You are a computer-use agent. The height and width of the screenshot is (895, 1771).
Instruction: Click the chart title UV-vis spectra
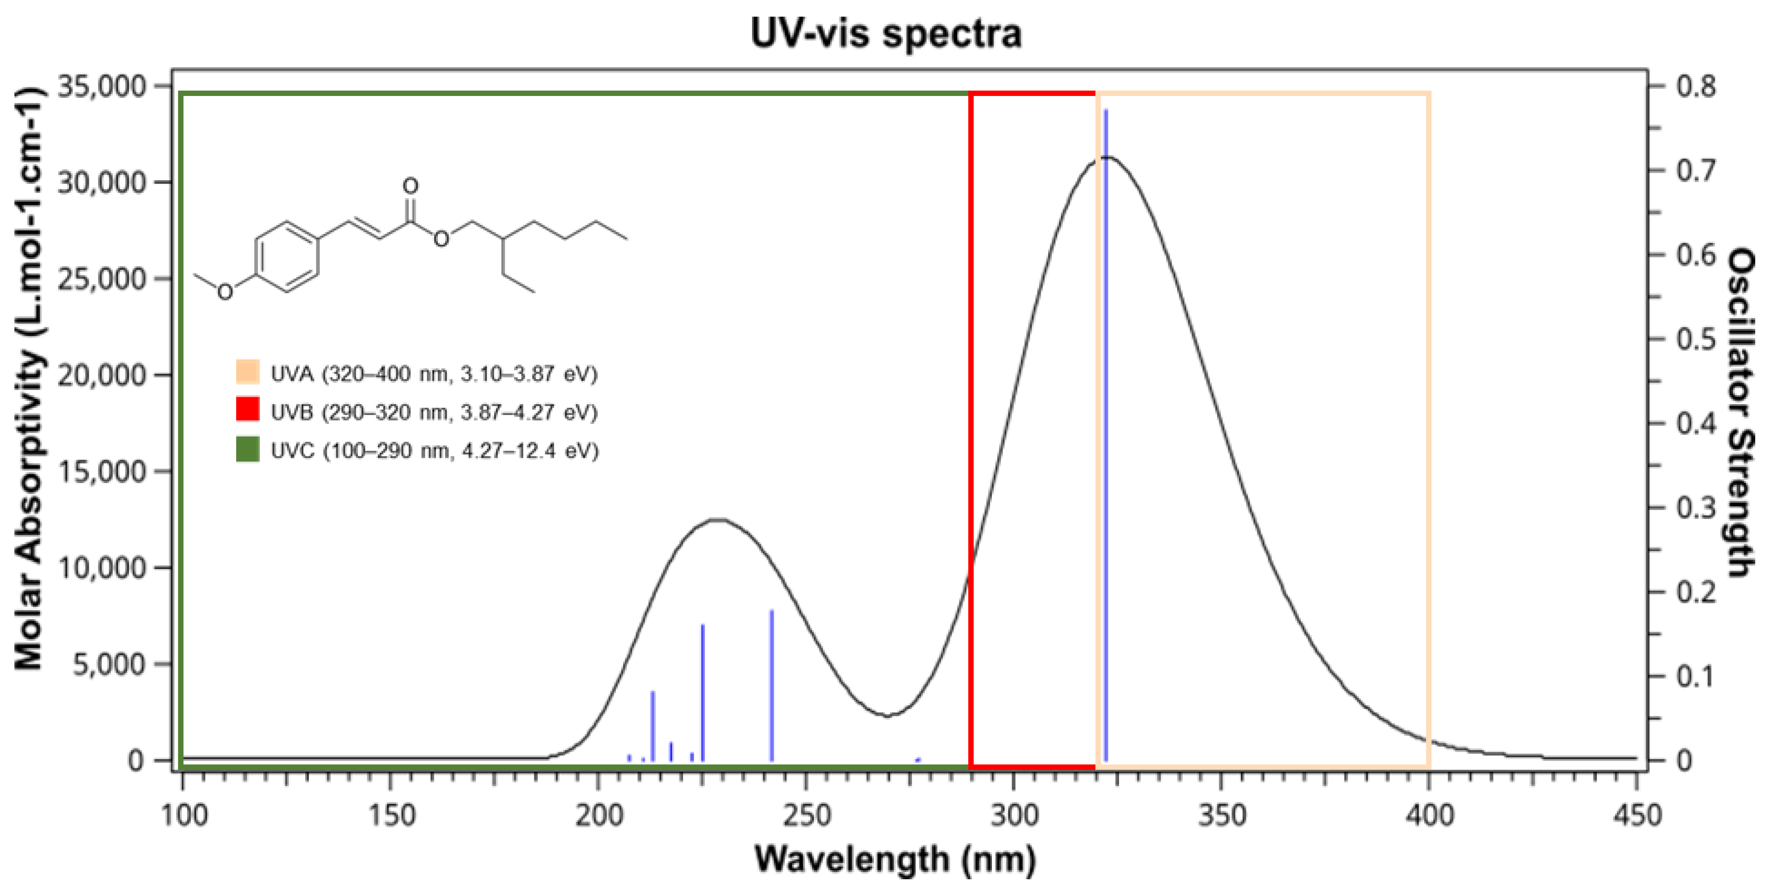click(885, 32)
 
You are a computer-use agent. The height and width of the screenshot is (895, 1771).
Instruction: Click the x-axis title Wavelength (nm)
click(895, 858)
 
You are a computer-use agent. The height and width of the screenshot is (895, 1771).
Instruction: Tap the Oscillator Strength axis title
click(1739, 412)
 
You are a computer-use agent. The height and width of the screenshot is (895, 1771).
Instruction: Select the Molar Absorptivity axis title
click(28, 378)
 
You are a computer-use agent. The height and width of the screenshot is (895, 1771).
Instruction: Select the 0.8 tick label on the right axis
click(1695, 87)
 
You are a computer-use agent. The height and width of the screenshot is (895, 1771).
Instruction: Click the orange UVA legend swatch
click(248, 372)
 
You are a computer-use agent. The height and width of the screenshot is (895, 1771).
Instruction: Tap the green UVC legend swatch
click(248, 450)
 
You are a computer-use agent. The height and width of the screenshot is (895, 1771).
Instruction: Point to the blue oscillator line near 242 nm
click(771, 687)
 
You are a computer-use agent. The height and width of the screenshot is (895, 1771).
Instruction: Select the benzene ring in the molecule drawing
click(287, 257)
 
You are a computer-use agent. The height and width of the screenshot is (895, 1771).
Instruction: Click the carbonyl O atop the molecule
click(410, 186)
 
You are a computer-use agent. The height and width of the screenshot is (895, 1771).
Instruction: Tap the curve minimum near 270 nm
click(888, 716)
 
